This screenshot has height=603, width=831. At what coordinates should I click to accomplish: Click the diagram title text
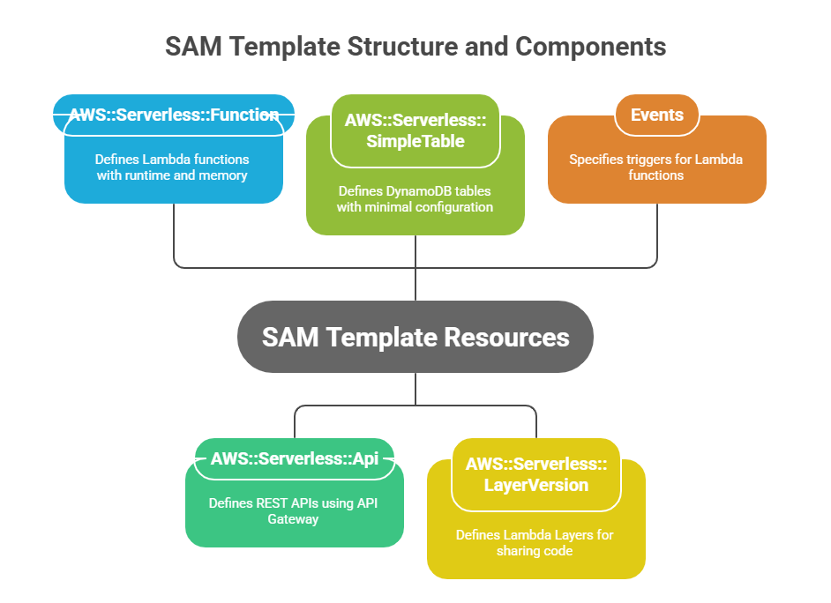(x=415, y=47)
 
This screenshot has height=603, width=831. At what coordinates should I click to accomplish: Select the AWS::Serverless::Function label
(x=174, y=115)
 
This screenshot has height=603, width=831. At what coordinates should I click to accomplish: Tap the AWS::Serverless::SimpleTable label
(x=415, y=130)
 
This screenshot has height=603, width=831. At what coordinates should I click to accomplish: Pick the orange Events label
(x=656, y=115)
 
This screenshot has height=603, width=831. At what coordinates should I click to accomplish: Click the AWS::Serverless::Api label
(x=295, y=458)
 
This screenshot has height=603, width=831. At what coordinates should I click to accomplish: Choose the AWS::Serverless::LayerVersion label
(x=535, y=474)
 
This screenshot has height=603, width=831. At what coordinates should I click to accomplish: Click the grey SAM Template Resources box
(x=415, y=337)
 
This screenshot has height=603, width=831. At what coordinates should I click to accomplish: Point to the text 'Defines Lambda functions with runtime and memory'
(x=173, y=167)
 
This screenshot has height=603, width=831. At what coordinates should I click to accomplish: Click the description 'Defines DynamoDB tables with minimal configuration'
(x=415, y=198)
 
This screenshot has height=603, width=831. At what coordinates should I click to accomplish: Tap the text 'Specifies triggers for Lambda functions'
(x=656, y=167)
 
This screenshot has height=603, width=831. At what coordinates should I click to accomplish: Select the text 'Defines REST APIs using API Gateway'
(x=294, y=511)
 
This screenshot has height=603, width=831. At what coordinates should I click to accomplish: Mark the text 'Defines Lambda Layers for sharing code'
(x=535, y=543)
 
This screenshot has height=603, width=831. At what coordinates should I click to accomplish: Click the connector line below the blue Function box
(x=174, y=234)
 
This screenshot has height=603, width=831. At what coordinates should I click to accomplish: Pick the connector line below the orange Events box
(x=657, y=234)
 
